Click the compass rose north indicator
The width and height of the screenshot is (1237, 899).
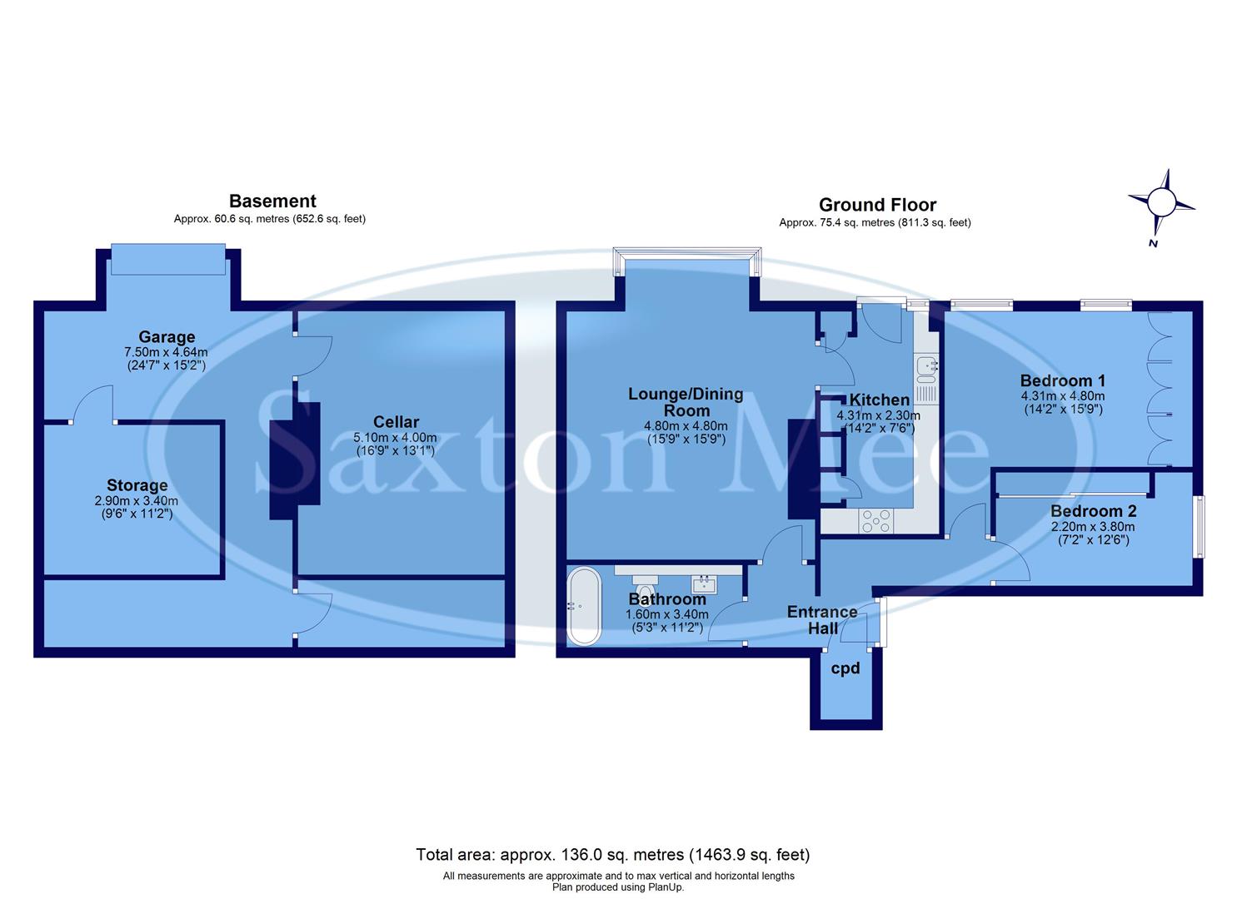(x=1160, y=202)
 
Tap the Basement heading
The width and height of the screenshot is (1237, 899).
(x=272, y=201)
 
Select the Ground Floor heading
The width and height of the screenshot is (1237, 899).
(x=877, y=205)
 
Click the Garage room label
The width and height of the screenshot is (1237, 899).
(x=167, y=337)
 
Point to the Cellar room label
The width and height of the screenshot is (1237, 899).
(x=396, y=422)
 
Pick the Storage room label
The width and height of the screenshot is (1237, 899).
(x=137, y=485)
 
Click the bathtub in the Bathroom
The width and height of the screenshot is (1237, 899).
(x=582, y=606)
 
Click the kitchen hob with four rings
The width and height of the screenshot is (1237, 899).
(x=875, y=520)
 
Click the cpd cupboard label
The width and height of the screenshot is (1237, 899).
(x=845, y=668)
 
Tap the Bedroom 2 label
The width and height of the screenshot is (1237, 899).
(x=1093, y=511)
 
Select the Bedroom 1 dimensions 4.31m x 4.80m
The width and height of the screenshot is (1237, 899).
(x=1062, y=396)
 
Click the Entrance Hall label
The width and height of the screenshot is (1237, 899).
(x=822, y=619)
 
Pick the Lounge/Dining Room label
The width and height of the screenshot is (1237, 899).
(x=686, y=402)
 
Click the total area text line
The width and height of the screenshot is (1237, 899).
(x=612, y=855)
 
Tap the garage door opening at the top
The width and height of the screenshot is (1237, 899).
(x=167, y=259)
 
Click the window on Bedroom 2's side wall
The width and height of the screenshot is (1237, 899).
(x=1198, y=526)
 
